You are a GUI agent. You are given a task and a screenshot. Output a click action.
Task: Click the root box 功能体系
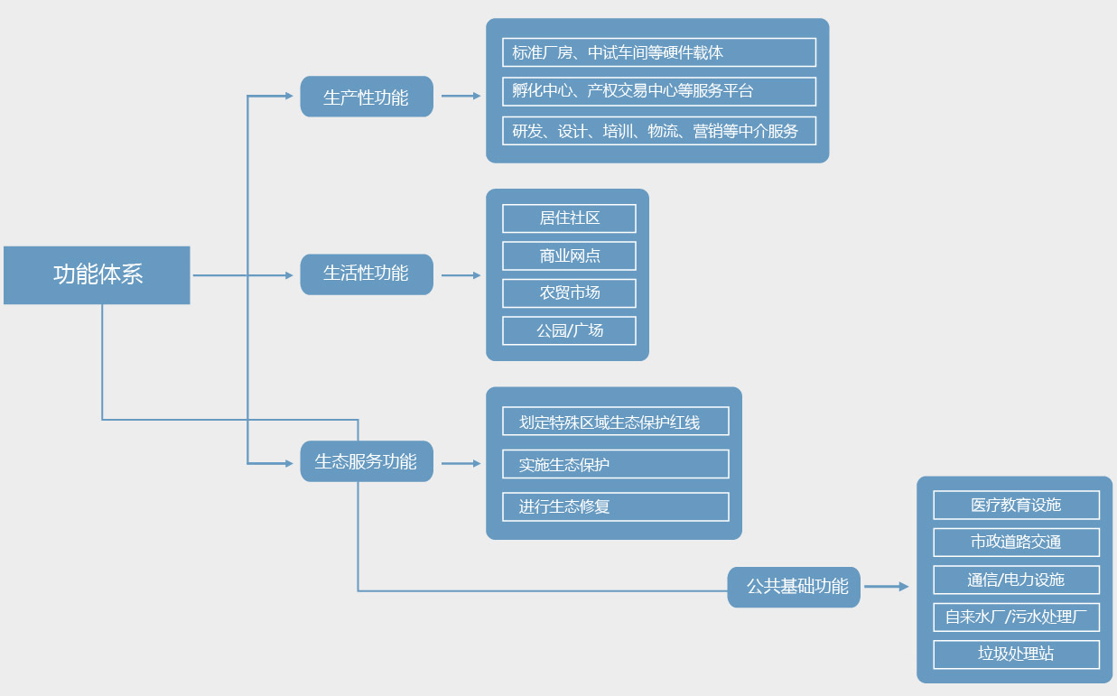(x=97, y=274)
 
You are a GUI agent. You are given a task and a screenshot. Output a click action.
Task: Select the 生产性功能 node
(x=367, y=97)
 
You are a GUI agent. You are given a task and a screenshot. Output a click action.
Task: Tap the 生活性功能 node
(x=367, y=274)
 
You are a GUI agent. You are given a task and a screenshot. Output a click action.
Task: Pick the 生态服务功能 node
(x=367, y=461)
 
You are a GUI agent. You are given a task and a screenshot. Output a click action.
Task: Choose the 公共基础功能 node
(x=794, y=587)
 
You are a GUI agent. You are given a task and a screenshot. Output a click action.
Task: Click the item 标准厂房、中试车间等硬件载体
(x=659, y=52)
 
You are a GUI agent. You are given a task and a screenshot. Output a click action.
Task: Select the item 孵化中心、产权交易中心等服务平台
(x=659, y=91)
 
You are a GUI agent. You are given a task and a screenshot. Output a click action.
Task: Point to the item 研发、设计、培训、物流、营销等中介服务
(x=659, y=131)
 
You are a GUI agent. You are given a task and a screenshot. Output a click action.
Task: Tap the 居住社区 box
(x=569, y=218)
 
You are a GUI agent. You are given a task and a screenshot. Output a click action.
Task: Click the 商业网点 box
(x=569, y=256)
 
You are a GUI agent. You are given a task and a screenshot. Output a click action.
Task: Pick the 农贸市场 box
(x=569, y=293)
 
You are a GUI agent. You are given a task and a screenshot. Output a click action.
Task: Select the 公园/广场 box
(x=569, y=330)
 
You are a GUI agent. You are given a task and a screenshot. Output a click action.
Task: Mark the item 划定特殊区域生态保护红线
(x=616, y=422)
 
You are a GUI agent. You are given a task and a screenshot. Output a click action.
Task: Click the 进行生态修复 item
(x=616, y=506)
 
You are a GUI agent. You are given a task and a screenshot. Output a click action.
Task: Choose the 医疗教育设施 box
(x=1016, y=505)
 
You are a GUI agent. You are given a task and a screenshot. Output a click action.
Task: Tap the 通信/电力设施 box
(x=1016, y=580)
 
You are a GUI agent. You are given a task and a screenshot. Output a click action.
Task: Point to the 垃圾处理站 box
(x=1016, y=654)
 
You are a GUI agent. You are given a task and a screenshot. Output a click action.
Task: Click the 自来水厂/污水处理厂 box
(x=1016, y=617)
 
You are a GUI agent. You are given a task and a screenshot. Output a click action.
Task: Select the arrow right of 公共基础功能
(x=886, y=587)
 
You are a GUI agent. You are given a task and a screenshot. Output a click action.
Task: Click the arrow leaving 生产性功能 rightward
(x=461, y=96)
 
